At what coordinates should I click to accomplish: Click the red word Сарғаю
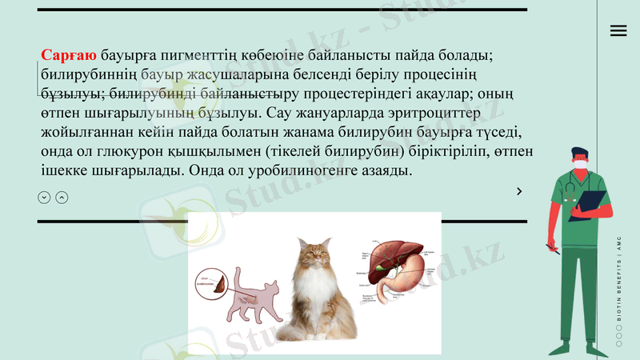69,56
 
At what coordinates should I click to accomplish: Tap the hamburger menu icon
618,30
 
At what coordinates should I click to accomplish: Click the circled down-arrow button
44,198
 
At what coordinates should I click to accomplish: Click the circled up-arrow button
62,198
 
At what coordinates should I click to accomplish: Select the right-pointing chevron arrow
519,191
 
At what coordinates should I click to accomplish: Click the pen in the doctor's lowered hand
552,249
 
